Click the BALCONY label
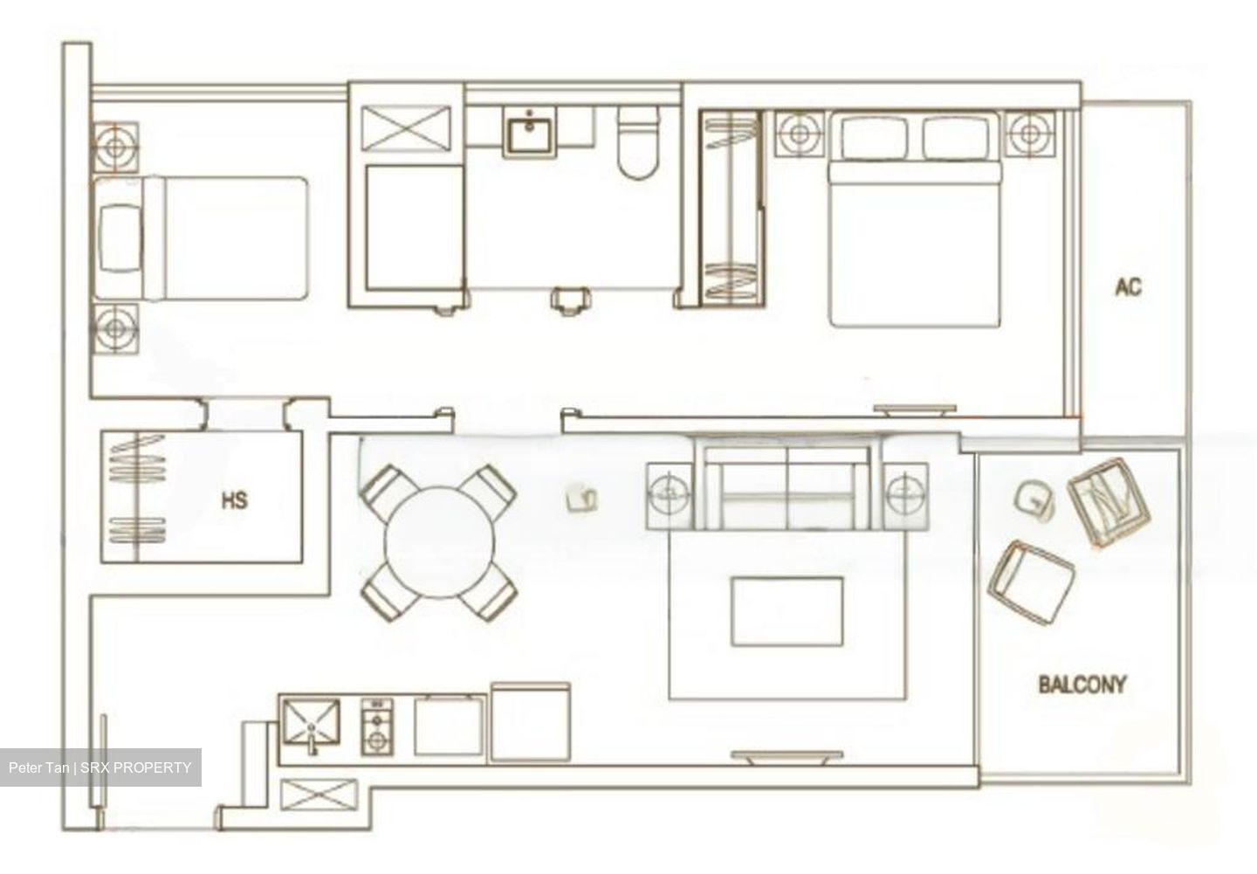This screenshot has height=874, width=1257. pos(1082,685)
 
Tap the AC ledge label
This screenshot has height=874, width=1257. pos(1128,287)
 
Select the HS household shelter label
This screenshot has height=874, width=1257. pos(234,500)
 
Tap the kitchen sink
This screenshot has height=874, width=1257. pos(311,724)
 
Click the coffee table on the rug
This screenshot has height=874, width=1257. pos(786,610)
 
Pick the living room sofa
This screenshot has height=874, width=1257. pos(787,485)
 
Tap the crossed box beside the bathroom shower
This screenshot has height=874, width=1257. pos(406,130)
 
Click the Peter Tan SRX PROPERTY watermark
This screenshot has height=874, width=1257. pos(100,767)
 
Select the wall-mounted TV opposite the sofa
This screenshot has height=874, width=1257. pos(786,756)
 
